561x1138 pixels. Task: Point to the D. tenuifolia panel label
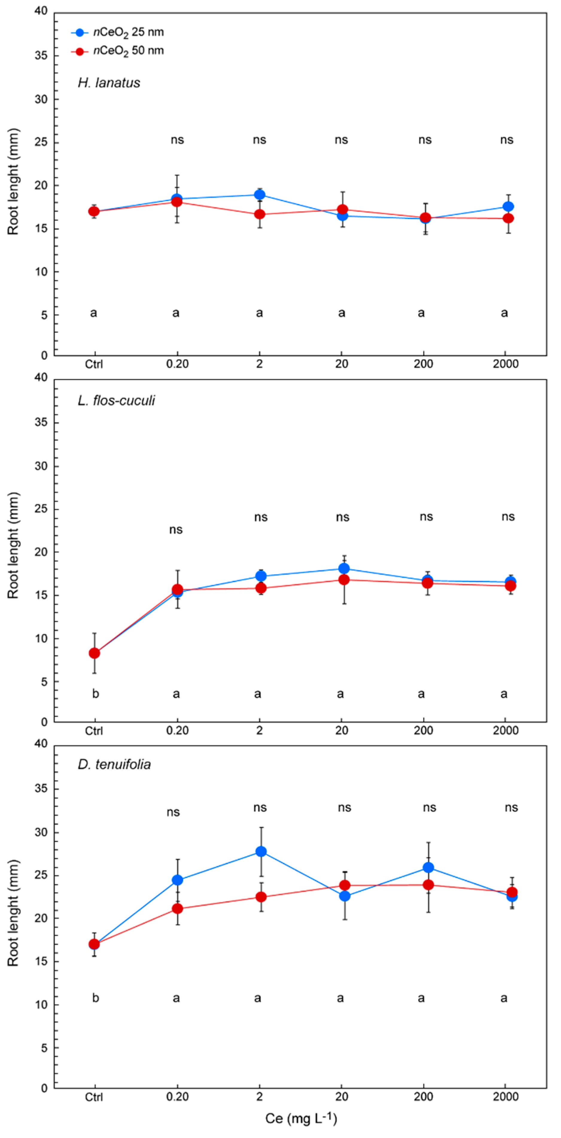pyautogui.click(x=114, y=764)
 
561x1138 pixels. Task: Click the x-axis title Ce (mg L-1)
pyautogui.click(x=301, y=1118)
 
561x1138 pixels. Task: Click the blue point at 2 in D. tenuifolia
pyautogui.click(x=261, y=851)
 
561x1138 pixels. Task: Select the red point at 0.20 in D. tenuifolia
pyautogui.click(x=177, y=908)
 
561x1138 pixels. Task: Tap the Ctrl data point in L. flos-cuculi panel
pyautogui.click(x=94, y=653)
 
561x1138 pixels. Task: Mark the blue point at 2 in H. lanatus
pyautogui.click(x=260, y=195)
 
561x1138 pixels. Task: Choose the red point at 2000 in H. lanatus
pyautogui.click(x=508, y=218)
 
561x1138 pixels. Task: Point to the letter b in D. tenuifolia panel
pyautogui.click(x=95, y=998)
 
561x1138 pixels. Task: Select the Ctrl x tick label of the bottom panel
pyautogui.click(x=94, y=1097)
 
